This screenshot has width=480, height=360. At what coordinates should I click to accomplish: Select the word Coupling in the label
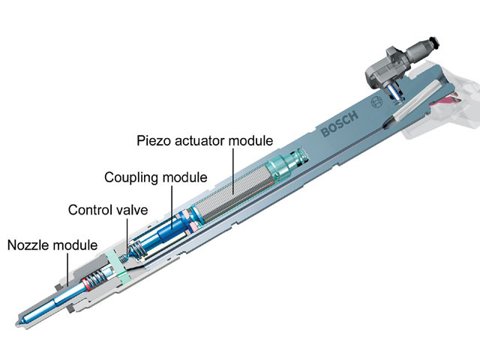pyautogui.click(x=128, y=176)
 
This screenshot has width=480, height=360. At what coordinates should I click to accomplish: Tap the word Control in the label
pyautogui.click(x=88, y=210)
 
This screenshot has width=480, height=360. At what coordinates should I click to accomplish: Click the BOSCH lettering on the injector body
pyautogui.click(x=340, y=125)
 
